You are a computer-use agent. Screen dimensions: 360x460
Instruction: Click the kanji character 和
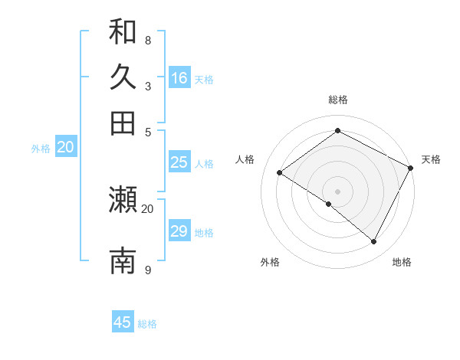pyautogui.click(x=123, y=32)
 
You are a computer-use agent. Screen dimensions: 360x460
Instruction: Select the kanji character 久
pyautogui.click(x=123, y=77)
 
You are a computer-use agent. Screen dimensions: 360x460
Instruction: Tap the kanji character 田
pyautogui.click(x=123, y=123)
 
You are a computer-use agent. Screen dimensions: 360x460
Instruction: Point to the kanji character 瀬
pyautogui.click(x=123, y=200)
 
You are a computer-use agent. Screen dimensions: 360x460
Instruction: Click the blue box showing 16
pyautogui.click(x=179, y=78)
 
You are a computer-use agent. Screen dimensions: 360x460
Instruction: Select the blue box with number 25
pyautogui.click(x=179, y=162)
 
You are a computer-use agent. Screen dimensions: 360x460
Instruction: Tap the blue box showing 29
pyautogui.click(x=179, y=231)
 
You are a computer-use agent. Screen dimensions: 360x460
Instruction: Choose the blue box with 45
pyautogui.click(x=123, y=322)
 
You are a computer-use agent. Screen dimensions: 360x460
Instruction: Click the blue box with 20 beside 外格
pyautogui.click(x=66, y=148)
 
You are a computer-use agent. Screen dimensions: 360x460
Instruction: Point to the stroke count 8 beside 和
pyautogui.click(x=147, y=40)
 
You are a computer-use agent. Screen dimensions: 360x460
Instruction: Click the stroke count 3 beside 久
pyautogui.click(x=147, y=86)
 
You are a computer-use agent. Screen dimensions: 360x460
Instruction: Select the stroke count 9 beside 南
pyautogui.click(x=147, y=270)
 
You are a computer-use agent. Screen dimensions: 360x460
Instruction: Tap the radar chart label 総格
pyautogui.click(x=337, y=100)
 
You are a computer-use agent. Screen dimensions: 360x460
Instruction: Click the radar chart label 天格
pyautogui.click(x=431, y=159)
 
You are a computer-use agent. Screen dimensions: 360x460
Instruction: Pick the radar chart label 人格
pyautogui.click(x=245, y=159)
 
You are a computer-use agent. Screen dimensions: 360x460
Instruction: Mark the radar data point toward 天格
pyautogui.click(x=410, y=168)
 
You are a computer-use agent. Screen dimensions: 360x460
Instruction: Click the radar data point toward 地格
pyautogui.click(x=374, y=242)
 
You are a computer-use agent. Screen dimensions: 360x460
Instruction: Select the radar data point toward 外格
pyautogui.click(x=329, y=204)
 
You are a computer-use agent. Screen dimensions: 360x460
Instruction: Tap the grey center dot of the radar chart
pyautogui.click(x=337, y=191)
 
